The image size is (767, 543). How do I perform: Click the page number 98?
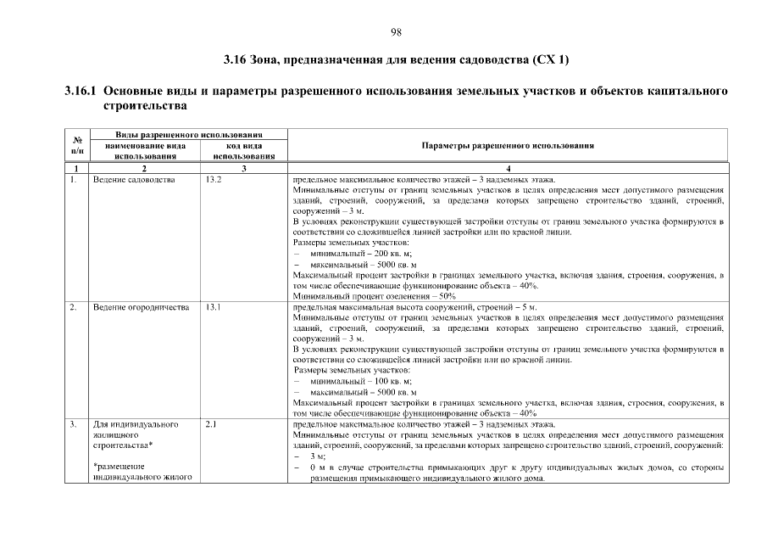395,32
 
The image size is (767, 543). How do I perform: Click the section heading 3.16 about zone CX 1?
396,60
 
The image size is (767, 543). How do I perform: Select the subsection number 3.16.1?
82,91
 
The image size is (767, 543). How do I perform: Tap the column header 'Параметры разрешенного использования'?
507,145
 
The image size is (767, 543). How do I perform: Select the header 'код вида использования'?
244,151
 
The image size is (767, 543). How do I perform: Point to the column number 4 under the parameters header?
507,170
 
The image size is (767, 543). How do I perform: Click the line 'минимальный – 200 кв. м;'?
361,255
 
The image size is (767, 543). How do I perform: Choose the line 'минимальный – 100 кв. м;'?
361,381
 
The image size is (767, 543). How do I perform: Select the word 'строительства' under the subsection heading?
144,107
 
